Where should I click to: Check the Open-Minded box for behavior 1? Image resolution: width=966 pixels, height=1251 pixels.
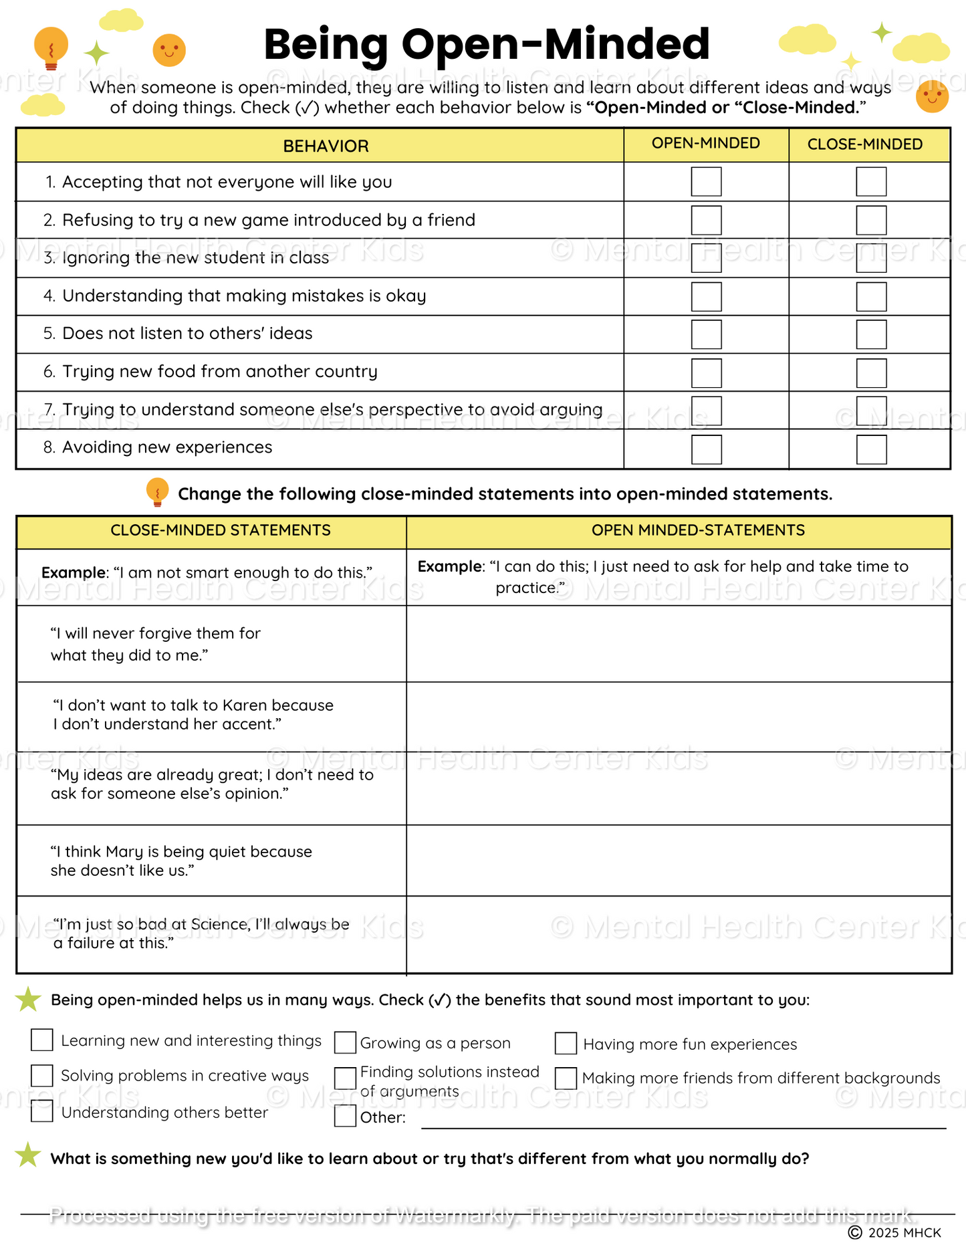pyautogui.click(x=706, y=182)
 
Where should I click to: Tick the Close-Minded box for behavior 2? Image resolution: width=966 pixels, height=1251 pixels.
pyautogui.click(x=871, y=220)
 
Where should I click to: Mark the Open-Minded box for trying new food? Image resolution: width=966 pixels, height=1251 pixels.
pyautogui.click(x=706, y=373)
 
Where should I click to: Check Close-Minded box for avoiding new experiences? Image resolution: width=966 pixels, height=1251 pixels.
pyautogui.click(x=871, y=449)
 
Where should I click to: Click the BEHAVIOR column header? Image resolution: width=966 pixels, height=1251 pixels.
pyautogui.click(x=326, y=146)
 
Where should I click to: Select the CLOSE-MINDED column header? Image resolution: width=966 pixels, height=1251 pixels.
pyautogui.click(x=864, y=144)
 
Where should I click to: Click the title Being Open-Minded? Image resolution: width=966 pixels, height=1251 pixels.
pyautogui.click(x=487, y=44)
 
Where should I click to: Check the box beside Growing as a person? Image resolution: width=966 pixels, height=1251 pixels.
pyautogui.click(x=345, y=1042)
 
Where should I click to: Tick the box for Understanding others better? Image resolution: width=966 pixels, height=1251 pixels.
pyautogui.click(x=42, y=1111)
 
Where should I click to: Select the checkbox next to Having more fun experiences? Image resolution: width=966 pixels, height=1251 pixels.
pyautogui.click(x=566, y=1043)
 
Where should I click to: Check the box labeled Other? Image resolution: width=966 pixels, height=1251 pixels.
pyautogui.click(x=345, y=1116)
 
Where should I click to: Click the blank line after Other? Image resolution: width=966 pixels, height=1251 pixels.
pyautogui.click(x=682, y=1121)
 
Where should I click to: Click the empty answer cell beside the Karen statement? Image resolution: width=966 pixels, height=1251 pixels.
pyautogui.click(x=679, y=717)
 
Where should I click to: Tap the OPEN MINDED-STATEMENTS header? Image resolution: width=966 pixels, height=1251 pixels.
pyautogui.click(x=698, y=531)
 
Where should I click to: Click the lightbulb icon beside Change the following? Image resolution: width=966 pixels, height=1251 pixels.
pyautogui.click(x=157, y=492)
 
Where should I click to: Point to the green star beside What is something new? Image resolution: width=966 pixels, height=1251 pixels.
pyautogui.click(x=28, y=1155)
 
